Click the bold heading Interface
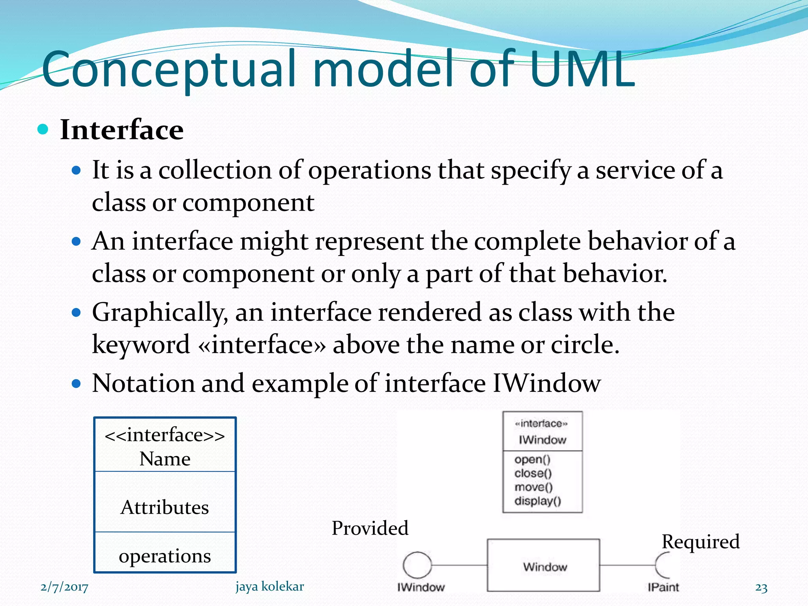(x=122, y=130)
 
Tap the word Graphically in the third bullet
(x=159, y=312)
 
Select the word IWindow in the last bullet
(x=546, y=383)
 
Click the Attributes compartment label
(x=165, y=507)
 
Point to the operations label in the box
(x=165, y=556)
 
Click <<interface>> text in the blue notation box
(x=165, y=435)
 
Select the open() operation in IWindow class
(x=532, y=460)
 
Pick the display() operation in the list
(x=537, y=501)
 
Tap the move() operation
(x=533, y=487)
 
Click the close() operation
(x=533, y=473)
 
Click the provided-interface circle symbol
(x=417, y=565)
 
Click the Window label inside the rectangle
(x=545, y=567)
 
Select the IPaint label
(x=663, y=587)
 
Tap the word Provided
(x=370, y=528)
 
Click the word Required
(x=700, y=542)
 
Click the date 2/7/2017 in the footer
(x=64, y=587)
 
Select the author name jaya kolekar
(x=269, y=587)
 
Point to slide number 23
(x=761, y=588)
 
